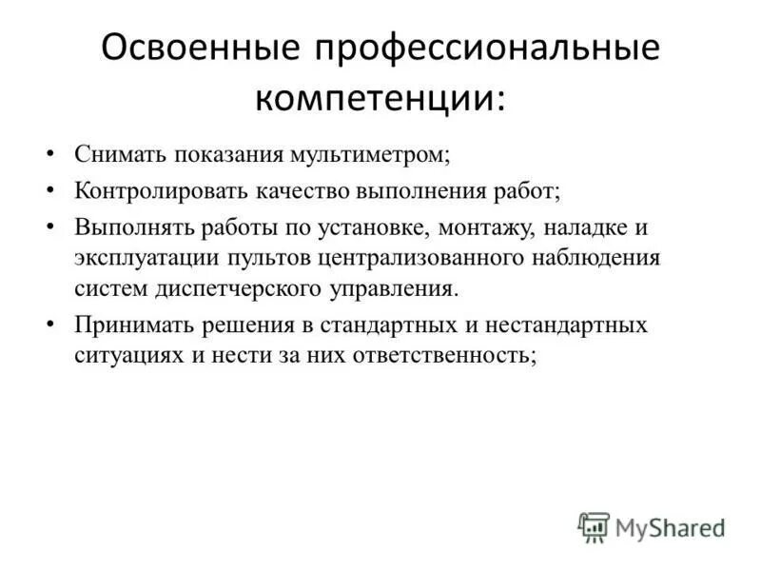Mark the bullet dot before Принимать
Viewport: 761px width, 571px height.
[x=49, y=325]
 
